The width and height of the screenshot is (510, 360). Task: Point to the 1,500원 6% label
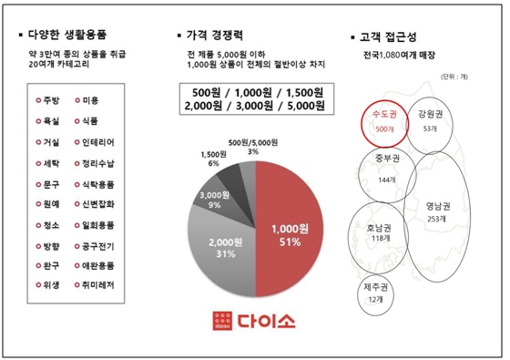(213, 159)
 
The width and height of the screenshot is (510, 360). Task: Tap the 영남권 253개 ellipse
(437, 211)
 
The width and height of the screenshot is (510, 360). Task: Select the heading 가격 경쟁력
(219, 37)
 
